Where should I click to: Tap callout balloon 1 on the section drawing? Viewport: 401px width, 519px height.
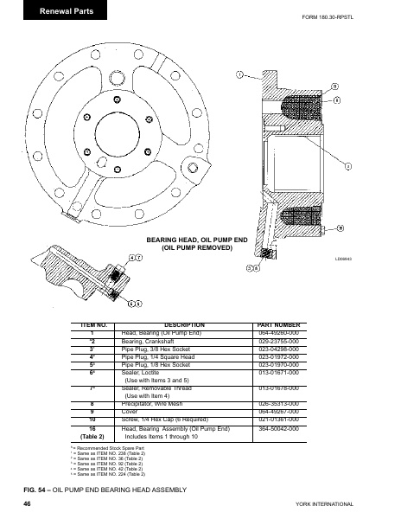[239, 75]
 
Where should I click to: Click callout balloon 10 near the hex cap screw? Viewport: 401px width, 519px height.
[341, 227]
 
